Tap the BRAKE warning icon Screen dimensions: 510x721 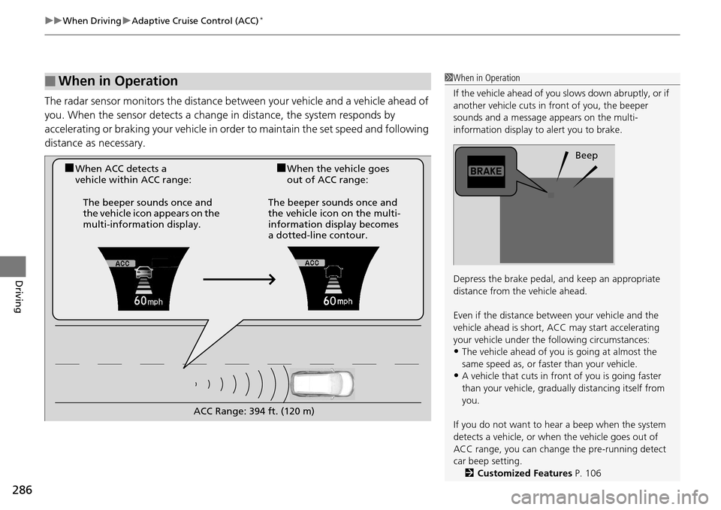[486, 171]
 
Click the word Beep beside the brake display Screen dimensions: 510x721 [586, 156]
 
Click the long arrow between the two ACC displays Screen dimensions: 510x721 [239, 279]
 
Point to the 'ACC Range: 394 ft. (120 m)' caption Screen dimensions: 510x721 [253, 411]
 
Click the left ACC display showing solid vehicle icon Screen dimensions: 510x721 [143, 279]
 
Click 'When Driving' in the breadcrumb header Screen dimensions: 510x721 [92, 21]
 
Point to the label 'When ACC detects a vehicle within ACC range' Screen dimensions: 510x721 [132, 175]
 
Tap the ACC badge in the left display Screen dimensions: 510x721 [123, 263]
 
